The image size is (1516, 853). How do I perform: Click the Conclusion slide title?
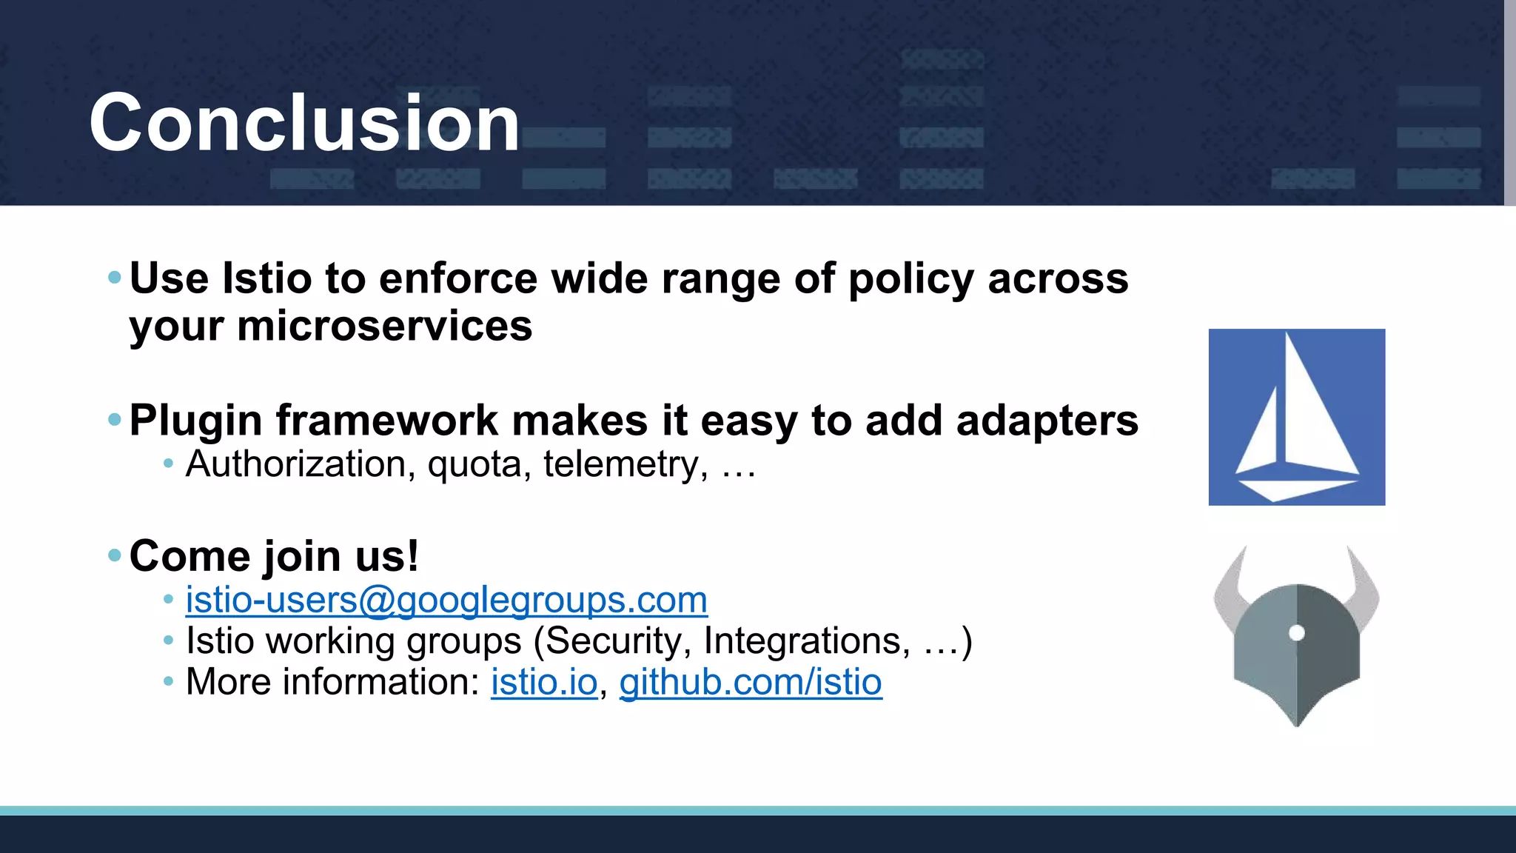click(x=304, y=123)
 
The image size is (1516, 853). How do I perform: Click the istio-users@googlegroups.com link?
click(x=446, y=600)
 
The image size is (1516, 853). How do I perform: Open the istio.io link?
click(x=544, y=682)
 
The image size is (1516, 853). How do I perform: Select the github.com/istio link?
click(x=751, y=682)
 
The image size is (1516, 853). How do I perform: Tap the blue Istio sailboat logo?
click(x=1296, y=417)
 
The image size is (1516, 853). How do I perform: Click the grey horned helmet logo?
click(x=1296, y=644)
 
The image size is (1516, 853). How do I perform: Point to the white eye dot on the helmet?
click(x=1297, y=632)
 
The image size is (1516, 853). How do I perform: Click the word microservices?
click(x=384, y=326)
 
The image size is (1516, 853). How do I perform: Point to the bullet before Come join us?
click(x=114, y=555)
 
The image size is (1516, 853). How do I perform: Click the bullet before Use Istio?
click(x=114, y=278)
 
